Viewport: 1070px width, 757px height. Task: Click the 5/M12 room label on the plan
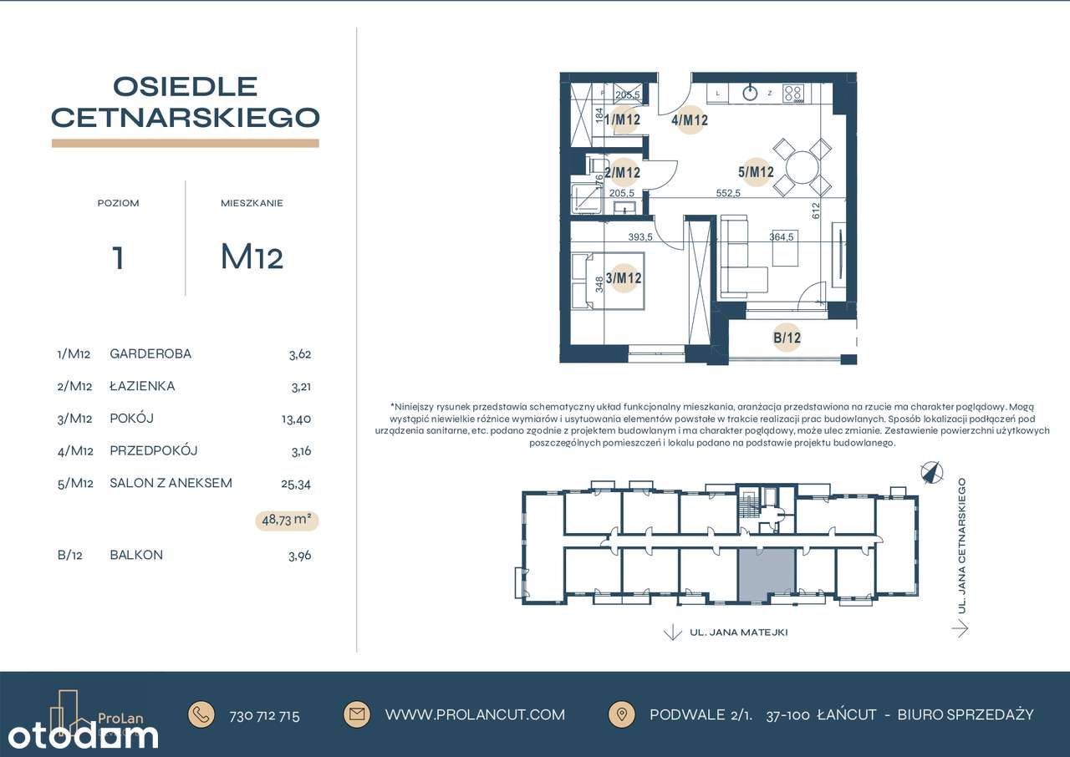pos(756,172)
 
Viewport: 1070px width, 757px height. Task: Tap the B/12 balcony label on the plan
pos(787,338)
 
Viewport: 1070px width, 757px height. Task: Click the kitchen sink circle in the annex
pos(751,93)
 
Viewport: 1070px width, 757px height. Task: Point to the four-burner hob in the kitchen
pos(793,94)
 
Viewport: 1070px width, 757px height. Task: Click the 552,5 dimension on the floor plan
pos(728,193)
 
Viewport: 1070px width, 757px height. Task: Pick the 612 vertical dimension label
pos(815,211)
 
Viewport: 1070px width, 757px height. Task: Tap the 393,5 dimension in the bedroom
pos(640,236)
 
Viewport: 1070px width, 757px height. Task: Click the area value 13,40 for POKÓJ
pos(296,419)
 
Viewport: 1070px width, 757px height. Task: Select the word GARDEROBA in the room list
pos(150,353)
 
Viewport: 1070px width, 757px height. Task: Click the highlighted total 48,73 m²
pos(287,520)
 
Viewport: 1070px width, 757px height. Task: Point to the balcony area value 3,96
pos(299,556)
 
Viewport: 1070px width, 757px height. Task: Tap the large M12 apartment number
pos(252,257)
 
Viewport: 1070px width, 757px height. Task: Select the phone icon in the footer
pos(201,714)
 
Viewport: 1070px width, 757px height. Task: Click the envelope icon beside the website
pos(357,714)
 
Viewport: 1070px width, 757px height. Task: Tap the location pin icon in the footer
pos(621,714)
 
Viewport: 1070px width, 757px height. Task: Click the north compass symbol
pos(932,473)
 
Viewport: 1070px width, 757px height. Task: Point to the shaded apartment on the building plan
pos(767,575)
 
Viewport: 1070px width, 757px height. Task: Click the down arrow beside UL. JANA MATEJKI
pos(673,632)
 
